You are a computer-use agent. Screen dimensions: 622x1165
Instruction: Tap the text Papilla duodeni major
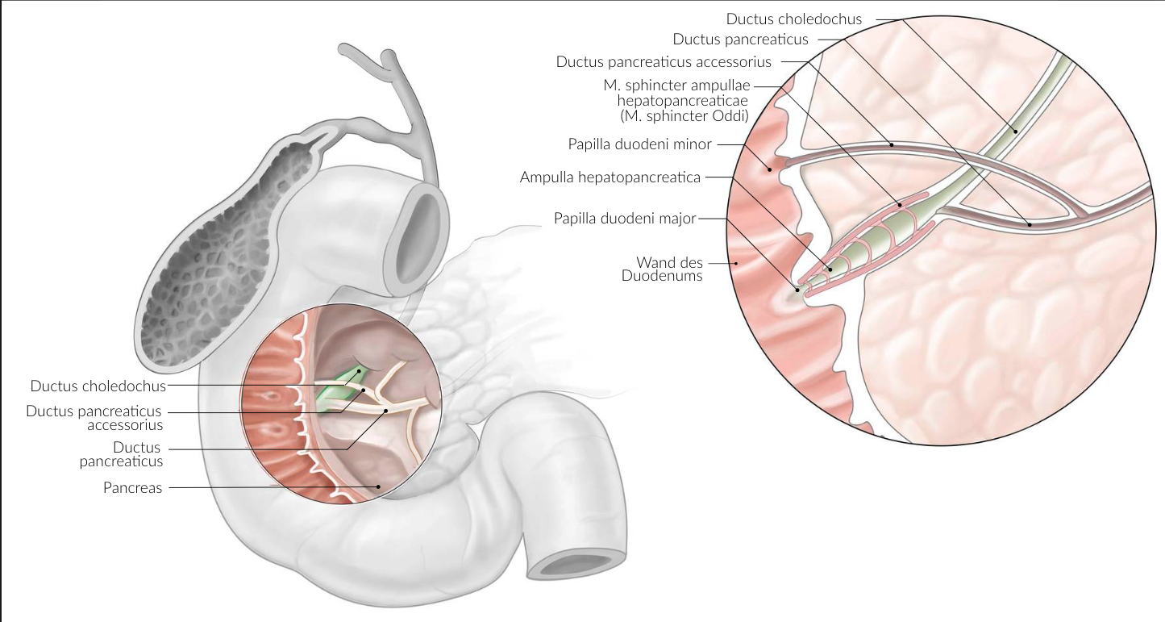pos(624,219)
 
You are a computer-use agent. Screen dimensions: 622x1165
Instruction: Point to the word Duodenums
pos(662,276)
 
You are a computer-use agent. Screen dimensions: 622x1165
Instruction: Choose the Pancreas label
pos(132,487)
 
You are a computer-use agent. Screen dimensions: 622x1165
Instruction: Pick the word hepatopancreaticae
pos(683,101)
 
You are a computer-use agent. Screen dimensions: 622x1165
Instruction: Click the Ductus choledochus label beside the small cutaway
pos(98,386)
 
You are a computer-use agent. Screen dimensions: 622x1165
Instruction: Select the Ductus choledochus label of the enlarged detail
pos(794,19)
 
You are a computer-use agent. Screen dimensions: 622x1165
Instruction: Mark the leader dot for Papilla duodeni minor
pos(770,169)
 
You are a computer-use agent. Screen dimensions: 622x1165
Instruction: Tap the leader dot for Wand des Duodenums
pos(735,263)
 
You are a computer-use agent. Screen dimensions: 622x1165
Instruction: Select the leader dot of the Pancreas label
pos(379,486)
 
